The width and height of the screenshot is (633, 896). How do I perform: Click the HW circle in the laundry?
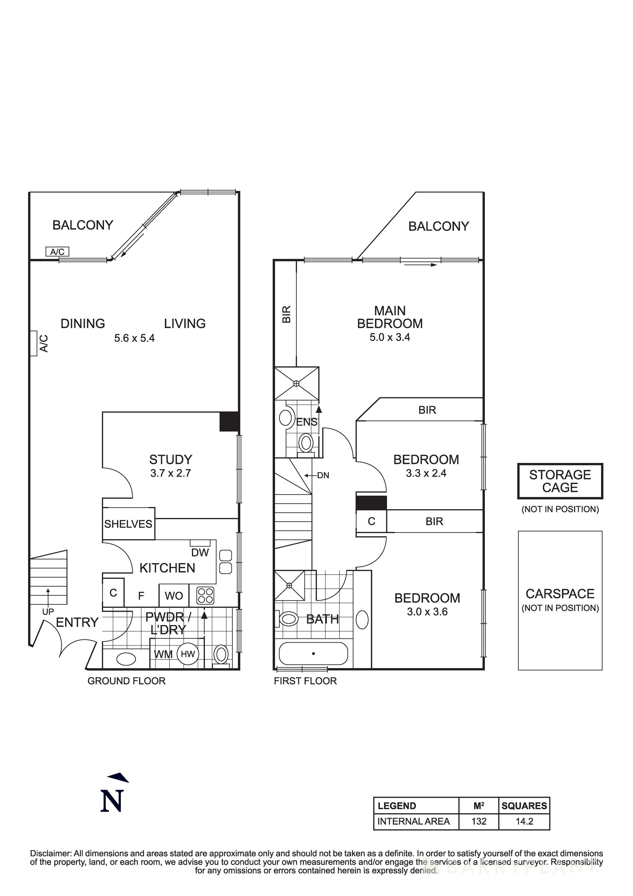click(188, 654)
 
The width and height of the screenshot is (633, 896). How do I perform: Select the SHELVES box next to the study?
click(128, 524)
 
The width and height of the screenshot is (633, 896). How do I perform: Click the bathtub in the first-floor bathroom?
click(313, 653)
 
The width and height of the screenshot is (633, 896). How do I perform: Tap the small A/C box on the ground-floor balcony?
click(57, 252)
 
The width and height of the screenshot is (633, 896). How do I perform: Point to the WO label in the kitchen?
click(174, 596)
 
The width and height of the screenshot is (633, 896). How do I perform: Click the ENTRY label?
click(77, 622)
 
